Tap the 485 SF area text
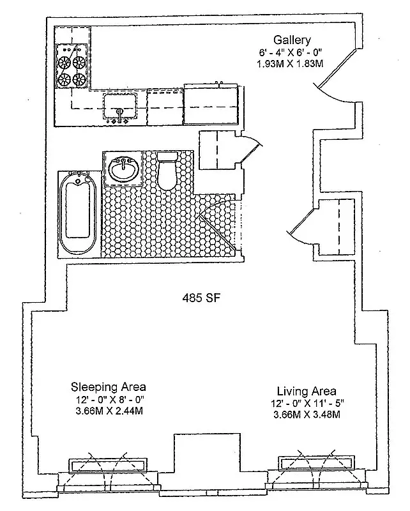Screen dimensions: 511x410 tap(200, 298)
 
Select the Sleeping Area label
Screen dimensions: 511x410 tap(108, 387)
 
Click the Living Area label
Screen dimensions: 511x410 tap(307, 391)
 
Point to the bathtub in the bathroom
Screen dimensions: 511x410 tap(79, 214)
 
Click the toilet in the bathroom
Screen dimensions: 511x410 tap(167, 171)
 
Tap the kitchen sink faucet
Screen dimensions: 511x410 tap(120, 113)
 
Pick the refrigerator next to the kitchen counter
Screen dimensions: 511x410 tap(212, 103)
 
